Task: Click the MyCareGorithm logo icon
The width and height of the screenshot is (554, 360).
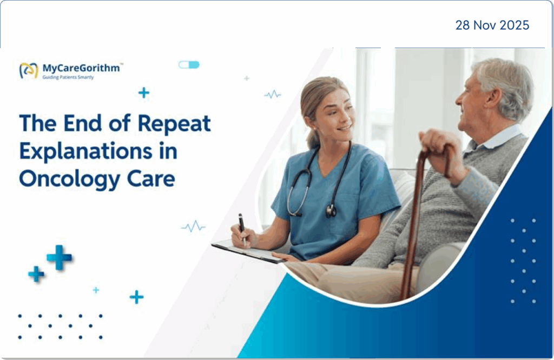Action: click(x=29, y=70)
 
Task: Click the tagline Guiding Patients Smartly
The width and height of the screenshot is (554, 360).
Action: click(x=68, y=78)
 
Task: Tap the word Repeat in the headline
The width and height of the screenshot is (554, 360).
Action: click(x=174, y=124)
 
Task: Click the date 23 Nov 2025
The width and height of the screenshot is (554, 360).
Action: click(x=492, y=25)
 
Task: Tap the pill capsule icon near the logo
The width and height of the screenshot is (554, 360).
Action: click(x=189, y=65)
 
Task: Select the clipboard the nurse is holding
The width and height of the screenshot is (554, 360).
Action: click(x=249, y=252)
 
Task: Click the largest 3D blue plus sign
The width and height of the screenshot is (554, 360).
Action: click(x=59, y=257)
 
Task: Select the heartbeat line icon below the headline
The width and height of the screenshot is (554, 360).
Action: click(x=193, y=226)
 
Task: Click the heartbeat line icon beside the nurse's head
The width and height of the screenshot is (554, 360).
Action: click(x=273, y=95)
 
